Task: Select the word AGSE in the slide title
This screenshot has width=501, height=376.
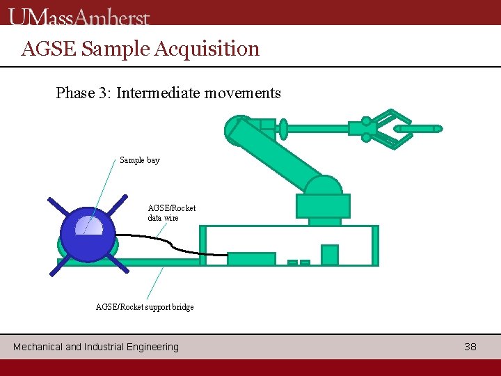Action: tap(49, 49)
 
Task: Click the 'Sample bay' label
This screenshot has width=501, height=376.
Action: tap(139, 160)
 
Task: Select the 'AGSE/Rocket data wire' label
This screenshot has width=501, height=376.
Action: tap(172, 212)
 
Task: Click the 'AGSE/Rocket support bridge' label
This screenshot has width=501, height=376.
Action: tap(145, 307)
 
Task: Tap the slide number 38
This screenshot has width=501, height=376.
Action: tap(470, 346)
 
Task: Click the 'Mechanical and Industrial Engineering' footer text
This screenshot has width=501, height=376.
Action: tap(96, 346)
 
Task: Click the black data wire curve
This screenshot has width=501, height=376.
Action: tap(174, 243)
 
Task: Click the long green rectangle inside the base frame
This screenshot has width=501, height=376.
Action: tap(251, 259)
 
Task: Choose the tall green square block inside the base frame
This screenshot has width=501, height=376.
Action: tap(329, 255)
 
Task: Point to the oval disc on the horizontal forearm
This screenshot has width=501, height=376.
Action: tap(283, 128)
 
